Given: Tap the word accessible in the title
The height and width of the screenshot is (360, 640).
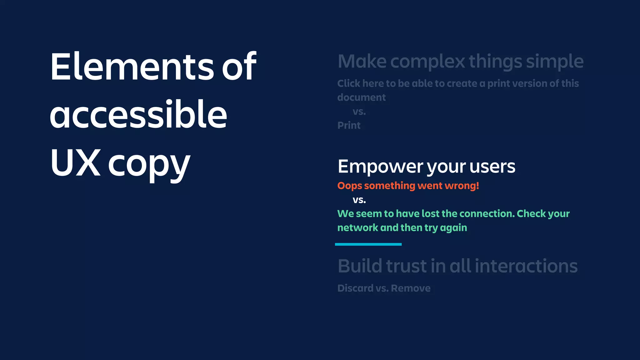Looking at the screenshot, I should pyautogui.click(x=138, y=115).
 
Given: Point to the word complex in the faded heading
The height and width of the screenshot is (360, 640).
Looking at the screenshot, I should pyautogui.click(x=428, y=62).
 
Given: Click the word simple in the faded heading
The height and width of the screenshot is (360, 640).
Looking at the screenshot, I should pyautogui.click(x=555, y=62).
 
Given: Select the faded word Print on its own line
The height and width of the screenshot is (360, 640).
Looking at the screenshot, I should pyautogui.click(x=349, y=126).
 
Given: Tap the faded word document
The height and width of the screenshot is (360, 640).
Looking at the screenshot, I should pyautogui.click(x=361, y=97).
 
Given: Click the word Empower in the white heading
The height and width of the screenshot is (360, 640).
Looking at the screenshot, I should pyautogui.click(x=380, y=167).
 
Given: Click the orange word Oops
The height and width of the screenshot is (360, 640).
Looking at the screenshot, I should pyautogui.click(x=349, y=186).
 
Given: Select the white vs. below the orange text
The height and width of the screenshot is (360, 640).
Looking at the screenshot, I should pyautogui.click(x=359, y=200).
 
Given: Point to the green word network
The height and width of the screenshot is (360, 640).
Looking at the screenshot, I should pyautogui.click(x=357, y=228).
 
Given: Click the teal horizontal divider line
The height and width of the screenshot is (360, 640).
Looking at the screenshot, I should pyautogui.click(x=368, y=244).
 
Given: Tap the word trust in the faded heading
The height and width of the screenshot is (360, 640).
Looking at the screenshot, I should pyautogui.click(x=406, y=266).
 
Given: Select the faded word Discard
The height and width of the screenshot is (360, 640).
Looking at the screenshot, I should pyautogui.click(x=355, y=288).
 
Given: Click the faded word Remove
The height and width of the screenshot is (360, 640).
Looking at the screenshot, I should pyautogui.click(x=411, y=288).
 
